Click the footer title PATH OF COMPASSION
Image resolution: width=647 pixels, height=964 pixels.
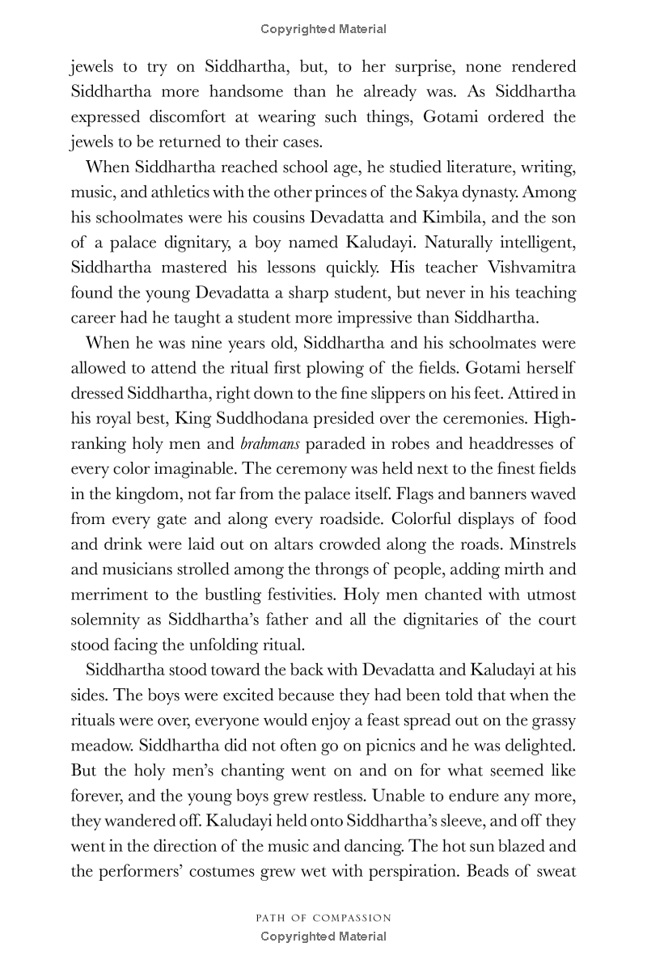coord(323,918)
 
